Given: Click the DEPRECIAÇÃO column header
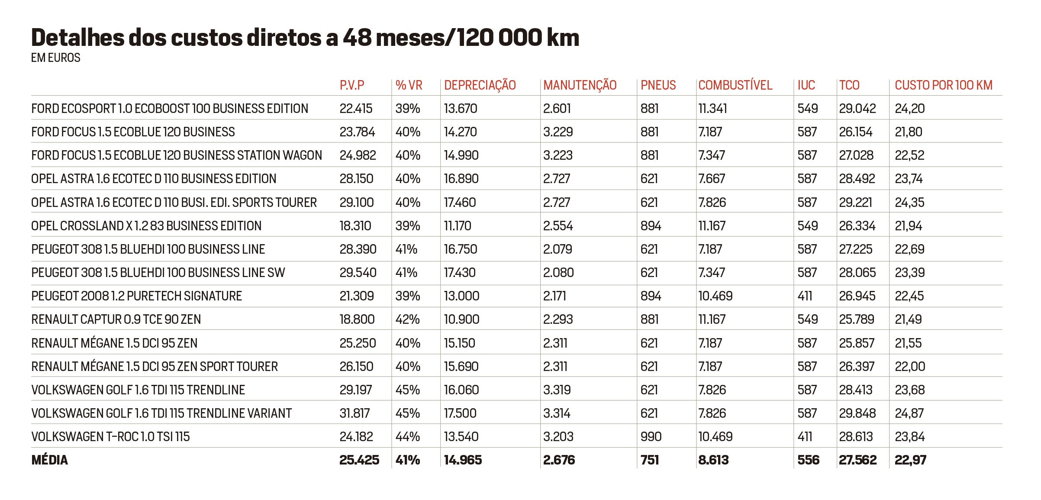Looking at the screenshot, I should coord(480,85).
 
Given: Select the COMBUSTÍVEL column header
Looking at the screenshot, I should coord(735,85).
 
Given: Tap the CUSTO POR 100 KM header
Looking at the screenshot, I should coord(943,85).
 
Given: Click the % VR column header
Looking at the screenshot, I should coord(409,85).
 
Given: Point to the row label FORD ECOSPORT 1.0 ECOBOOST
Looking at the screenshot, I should coord(169,109).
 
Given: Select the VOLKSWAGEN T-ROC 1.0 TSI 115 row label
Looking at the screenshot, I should coord(110,437).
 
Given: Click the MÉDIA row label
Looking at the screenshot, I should coord(49,460).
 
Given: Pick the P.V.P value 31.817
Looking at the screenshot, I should coord(355,413).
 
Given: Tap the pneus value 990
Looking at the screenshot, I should coord(651,437).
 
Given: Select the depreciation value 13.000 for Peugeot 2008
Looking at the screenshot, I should coord(461,296).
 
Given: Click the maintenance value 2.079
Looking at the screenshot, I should coord(558,249).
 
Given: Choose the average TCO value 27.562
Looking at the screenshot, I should coord(857,460).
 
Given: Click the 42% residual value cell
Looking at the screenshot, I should coord(407,319).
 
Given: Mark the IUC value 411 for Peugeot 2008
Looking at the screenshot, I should coord(805,296).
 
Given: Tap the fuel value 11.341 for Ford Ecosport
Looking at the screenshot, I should coord(712,109).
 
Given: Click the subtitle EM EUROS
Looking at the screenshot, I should coord(55,58).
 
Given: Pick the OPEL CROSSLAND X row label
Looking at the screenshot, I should coord(146,226).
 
